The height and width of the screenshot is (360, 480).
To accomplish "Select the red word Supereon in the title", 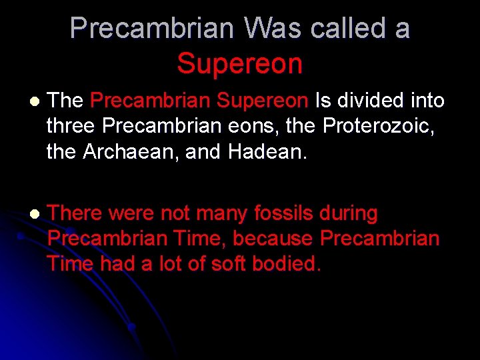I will [240, 64].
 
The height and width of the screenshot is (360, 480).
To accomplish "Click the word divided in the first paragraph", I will [373, 101].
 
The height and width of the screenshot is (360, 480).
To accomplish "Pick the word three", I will [73, 126].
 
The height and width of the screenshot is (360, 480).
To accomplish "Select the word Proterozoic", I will [384, 126].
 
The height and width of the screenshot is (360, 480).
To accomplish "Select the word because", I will [273, 239].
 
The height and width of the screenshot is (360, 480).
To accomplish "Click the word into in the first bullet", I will [426, 101].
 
